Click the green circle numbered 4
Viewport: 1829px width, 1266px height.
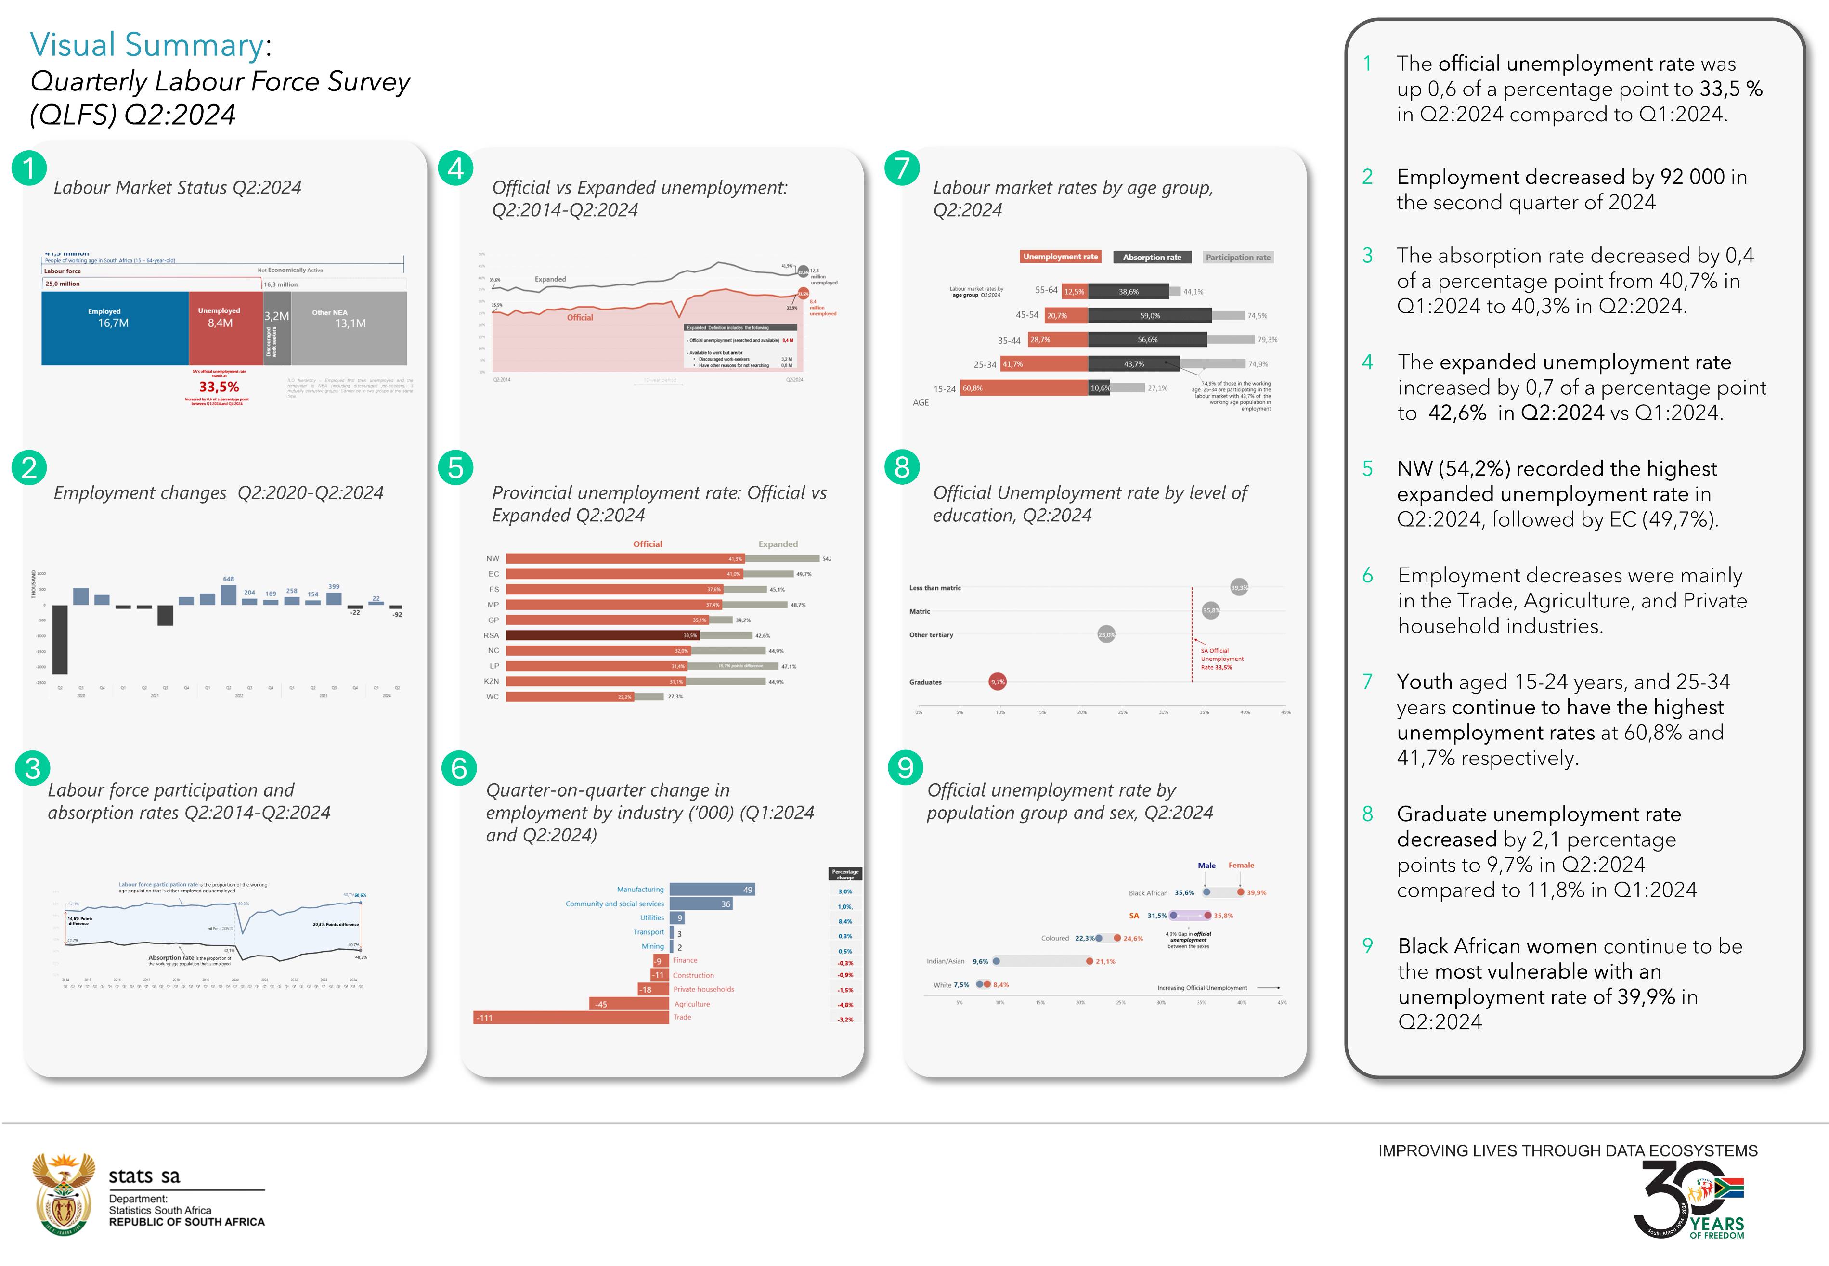(455, 168)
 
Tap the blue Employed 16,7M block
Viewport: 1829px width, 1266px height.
(114, 328)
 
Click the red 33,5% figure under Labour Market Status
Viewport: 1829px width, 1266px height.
(219, 387)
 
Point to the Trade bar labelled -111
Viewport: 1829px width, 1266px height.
(571, 1018)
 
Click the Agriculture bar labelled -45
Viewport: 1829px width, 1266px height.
(629, 1004)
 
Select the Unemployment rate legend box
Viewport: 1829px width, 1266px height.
(1061, 257)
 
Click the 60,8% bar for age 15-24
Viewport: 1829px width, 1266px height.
(1023, 388)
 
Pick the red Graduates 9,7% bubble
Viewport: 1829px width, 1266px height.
(997, 682)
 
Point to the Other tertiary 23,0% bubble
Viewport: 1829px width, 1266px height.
(1106, 634)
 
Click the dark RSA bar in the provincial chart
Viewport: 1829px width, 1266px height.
(603, 635)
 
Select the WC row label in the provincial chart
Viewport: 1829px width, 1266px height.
(493, 697)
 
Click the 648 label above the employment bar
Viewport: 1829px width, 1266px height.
(228, 579)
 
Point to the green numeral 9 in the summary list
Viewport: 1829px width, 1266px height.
(1367, 945)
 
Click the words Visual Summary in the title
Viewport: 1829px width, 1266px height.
(147, 45)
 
